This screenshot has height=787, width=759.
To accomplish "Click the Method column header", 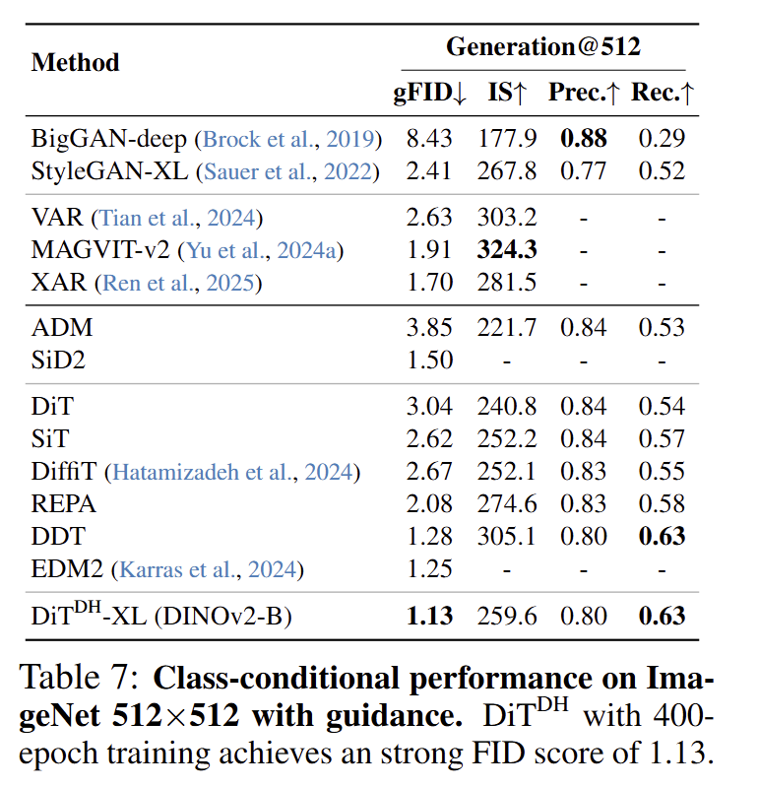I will point(75,62).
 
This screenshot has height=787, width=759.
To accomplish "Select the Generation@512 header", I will point(544,46).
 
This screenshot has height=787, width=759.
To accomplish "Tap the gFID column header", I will point(429,94).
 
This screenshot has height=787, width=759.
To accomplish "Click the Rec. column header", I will point(662,94).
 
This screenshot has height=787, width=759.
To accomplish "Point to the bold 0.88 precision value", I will point(584,139).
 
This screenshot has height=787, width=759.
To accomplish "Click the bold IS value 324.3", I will point(508,250).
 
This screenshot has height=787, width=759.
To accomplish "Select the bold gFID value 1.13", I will point(429,617).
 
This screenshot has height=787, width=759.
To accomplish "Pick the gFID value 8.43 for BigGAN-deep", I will point(429,139).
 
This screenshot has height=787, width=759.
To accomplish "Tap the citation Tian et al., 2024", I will point(177,218).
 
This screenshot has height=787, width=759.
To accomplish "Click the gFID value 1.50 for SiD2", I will point(429,360).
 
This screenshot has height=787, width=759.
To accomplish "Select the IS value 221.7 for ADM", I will point(508,328).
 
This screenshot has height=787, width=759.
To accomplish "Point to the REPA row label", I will point(64,504).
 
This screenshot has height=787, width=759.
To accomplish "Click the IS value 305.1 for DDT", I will point(508,537).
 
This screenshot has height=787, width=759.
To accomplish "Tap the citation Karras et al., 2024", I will point(208,569).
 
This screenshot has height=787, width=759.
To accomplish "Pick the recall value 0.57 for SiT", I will point(662,439).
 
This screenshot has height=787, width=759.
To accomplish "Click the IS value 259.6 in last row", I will point(508,617).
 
